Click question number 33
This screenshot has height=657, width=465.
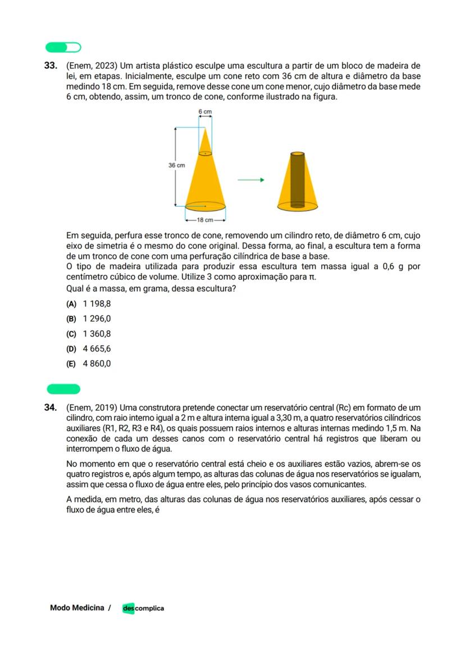coord(51,66)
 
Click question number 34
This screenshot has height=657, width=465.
coord(51,407)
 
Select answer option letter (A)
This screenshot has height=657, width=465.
coord(71,304)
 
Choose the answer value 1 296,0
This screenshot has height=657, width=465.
coord(97,319)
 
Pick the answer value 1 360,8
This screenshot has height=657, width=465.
coord(97,334)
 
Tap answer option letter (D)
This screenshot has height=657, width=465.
coord(71,348)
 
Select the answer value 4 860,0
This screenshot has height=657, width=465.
coord(97,364)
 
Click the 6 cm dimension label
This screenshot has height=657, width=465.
coord(205,112)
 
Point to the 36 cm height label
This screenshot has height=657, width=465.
coord(176,165)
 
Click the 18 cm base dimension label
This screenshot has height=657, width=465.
coord(205,220)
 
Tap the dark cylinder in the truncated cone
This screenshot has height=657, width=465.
coord(297,180)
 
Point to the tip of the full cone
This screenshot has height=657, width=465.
coord(205,130)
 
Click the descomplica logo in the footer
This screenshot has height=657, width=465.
coord(143,608)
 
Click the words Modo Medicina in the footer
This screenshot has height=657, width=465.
coord(77,608)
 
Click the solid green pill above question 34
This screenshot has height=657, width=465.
coord(63,389)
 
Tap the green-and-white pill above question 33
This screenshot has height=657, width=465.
coord(63,47)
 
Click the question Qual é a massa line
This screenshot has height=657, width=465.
coord(151,289)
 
